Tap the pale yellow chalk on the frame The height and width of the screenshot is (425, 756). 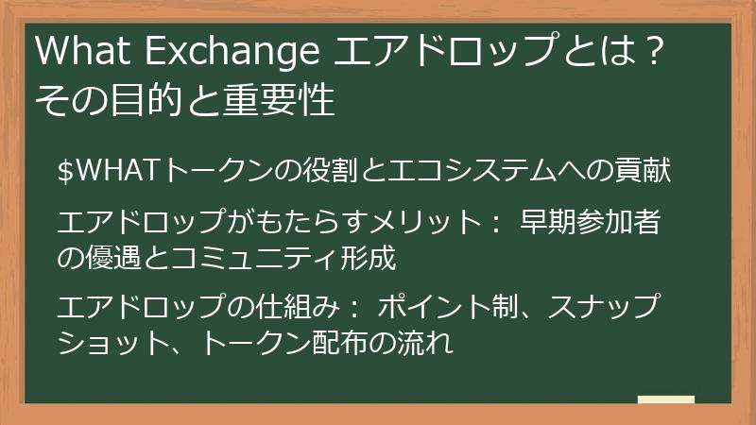(x=665, y=399)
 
